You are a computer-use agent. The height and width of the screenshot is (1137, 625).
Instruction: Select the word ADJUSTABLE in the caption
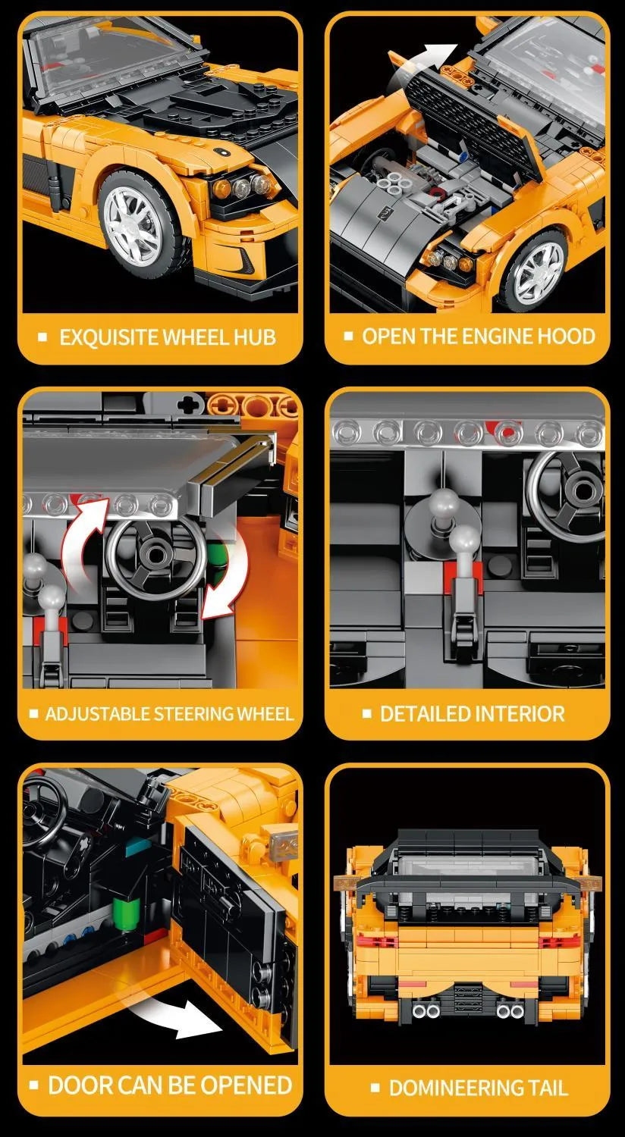[x=97, y=714]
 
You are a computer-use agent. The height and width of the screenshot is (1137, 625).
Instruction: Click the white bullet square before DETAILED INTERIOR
[x=367, y=714]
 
